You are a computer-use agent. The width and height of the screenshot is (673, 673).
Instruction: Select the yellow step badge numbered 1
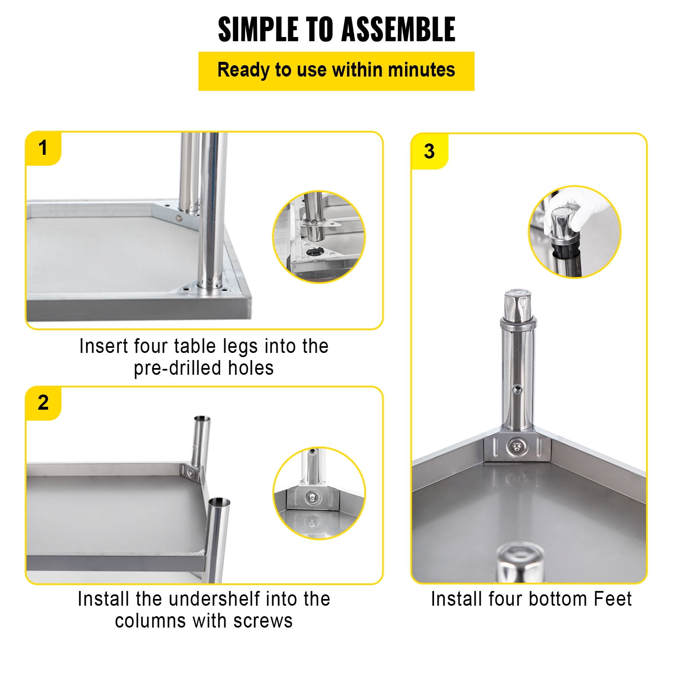(43, 148)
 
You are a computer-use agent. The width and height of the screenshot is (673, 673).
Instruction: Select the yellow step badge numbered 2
(43, 403)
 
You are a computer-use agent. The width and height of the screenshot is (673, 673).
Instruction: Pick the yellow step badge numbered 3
(429, 151)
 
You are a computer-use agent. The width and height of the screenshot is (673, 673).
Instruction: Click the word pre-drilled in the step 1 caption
(178, 368)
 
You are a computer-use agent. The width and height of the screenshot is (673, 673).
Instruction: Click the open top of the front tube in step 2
(219, 502)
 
